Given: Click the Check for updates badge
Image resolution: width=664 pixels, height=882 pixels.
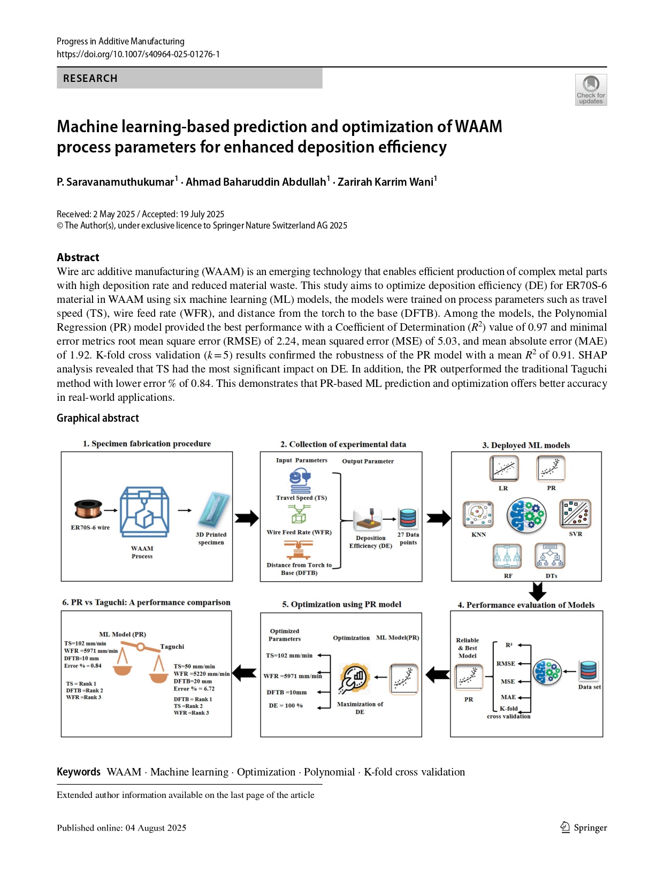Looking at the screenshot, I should (x=591, y=89).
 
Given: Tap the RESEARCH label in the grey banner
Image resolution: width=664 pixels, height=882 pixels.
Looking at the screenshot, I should (x=90, y=78).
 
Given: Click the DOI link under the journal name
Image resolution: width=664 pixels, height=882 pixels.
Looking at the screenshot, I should (x=138, y=54).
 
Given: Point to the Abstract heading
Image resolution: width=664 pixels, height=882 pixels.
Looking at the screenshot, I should (x=78, y=257).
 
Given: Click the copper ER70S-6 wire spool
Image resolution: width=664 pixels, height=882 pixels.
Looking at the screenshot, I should (x=88, y=509).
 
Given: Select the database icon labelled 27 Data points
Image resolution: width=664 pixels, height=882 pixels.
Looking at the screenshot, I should (x=408, y=518).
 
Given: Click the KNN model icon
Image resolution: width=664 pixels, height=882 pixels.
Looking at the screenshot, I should (x=478, y=514).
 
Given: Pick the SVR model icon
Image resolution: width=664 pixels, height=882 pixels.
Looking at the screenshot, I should (x=575, y=514).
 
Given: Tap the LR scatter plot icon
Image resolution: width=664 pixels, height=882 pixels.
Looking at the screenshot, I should (x=503, y=468).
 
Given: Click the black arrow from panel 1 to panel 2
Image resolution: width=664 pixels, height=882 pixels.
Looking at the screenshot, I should (x=247, y=518).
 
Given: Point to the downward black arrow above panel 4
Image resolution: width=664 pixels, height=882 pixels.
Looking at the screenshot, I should (x=537, y=591).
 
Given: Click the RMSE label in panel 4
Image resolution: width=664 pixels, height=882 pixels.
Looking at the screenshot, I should (x=506, y=664).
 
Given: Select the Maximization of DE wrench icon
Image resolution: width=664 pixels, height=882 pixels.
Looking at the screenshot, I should (x=355, y=678).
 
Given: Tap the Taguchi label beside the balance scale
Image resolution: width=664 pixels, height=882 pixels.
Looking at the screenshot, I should (x=172, y=647).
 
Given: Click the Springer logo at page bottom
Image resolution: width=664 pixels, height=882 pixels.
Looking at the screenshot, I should (x=584, y=827).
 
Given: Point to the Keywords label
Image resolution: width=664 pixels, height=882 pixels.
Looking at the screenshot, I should (x=79, y=772).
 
